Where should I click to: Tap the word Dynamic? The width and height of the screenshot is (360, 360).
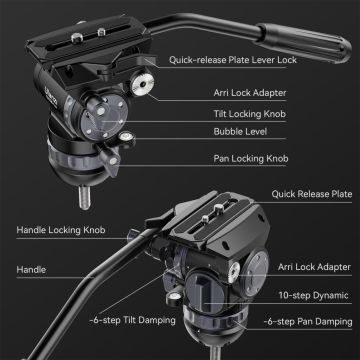[x=326, y=295]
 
